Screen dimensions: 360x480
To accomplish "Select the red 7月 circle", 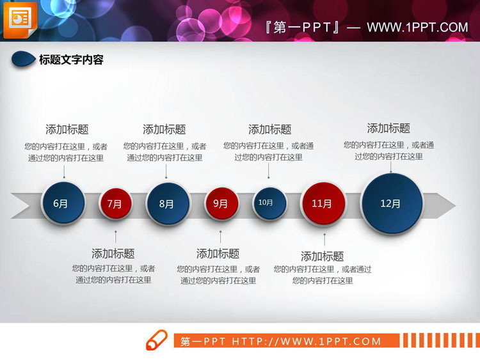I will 115,204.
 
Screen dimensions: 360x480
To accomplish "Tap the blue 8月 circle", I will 166,204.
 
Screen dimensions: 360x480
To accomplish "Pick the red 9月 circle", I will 221,204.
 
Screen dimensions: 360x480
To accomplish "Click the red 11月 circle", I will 323,204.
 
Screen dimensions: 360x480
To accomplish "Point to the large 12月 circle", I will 391,203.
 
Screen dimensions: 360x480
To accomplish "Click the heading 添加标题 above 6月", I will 67,129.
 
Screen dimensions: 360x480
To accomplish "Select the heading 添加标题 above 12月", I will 388,128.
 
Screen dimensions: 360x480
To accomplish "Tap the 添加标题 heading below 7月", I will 113,253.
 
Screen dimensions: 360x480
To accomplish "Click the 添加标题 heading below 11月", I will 323,256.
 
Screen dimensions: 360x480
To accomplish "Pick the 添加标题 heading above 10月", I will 269,129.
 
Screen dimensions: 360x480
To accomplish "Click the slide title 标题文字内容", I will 71,60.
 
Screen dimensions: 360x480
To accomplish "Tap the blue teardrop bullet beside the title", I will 24,59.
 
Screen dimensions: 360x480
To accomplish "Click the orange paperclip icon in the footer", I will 157,340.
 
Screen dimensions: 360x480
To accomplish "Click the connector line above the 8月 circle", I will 166,171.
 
